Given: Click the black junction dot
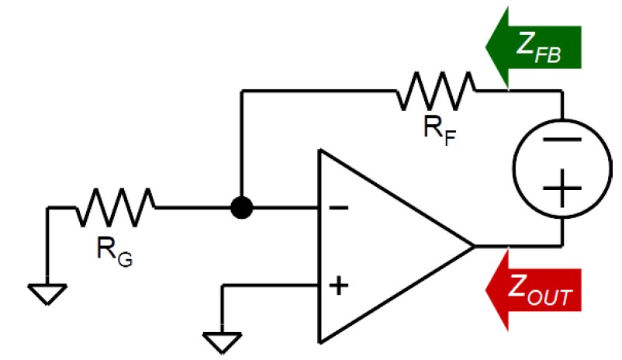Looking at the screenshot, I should [x=242, y=208].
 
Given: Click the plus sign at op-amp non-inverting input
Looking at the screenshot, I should [x=338, y=286].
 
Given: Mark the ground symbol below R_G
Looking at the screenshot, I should [x=47, y=293].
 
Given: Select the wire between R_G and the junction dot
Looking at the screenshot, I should [x=194, y=208].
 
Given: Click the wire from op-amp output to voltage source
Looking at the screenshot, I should [x=520, y=247].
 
